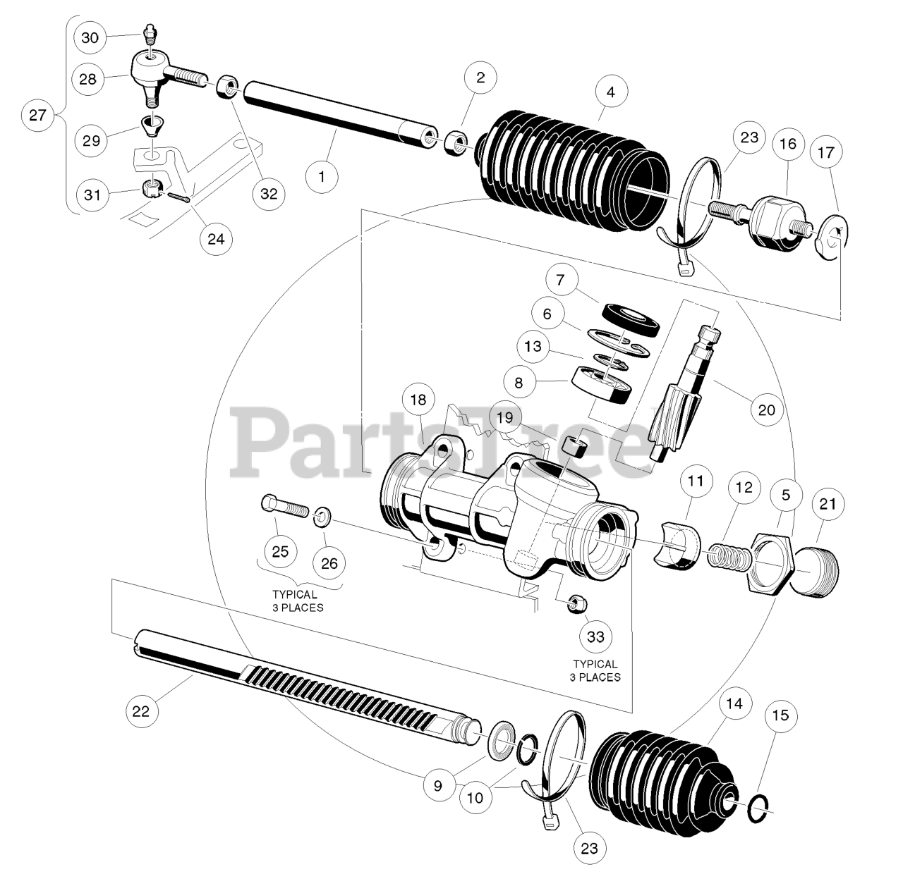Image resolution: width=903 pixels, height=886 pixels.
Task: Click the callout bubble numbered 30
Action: pos(90,37)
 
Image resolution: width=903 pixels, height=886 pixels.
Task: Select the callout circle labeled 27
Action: pos(37,115)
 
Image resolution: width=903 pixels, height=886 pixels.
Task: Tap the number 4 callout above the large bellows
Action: pos(611,92)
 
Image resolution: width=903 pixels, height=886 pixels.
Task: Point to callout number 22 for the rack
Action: pos(141,711)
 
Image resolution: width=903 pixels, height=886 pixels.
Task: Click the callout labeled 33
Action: pos(596,636)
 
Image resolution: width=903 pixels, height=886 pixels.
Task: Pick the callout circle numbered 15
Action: pos(780,715)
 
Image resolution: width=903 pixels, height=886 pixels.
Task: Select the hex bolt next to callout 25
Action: pos(284,506)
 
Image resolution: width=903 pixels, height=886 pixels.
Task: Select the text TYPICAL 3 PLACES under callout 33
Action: pos(596,670)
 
